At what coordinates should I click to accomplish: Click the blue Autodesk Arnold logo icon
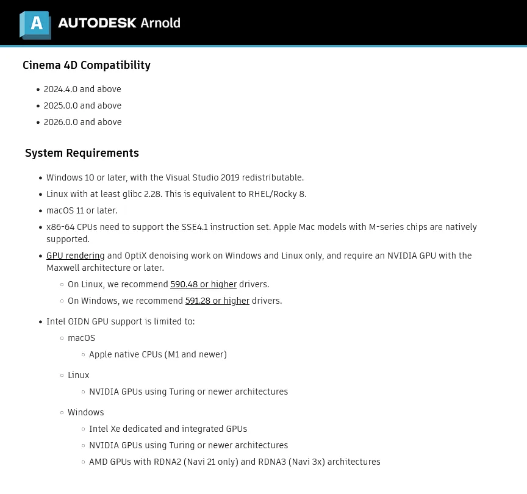coord(35,24)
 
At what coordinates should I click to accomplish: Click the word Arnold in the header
coord(160,23)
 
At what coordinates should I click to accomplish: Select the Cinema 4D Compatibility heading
coord(87,65)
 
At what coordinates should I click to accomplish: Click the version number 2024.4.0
coord(60,89)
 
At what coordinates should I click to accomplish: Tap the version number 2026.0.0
coord(60,122)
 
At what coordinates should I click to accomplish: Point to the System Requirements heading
coord(82,153)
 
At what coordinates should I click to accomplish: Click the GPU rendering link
coord(76,256)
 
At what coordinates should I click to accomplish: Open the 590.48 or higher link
coord(203,284)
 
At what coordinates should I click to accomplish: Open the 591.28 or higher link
coord(217,301)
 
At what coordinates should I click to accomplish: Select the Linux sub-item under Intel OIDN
coord(79,375)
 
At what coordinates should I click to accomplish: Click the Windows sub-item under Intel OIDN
coord(86,412)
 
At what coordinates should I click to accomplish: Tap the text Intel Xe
coord(104,429)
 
